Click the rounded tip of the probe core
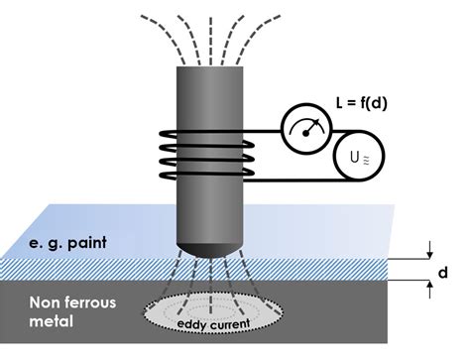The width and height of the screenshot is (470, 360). coord(211,243)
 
